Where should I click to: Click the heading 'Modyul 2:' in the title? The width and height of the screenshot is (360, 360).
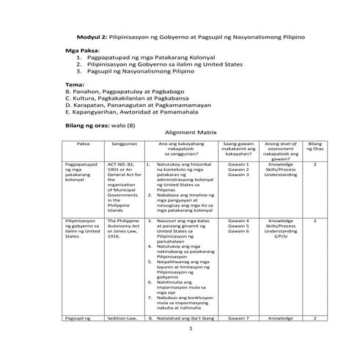(x=94, y=36)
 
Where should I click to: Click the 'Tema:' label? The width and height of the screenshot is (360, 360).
(x=76, y=84)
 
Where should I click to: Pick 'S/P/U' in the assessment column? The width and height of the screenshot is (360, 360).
(x=281, y=238)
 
